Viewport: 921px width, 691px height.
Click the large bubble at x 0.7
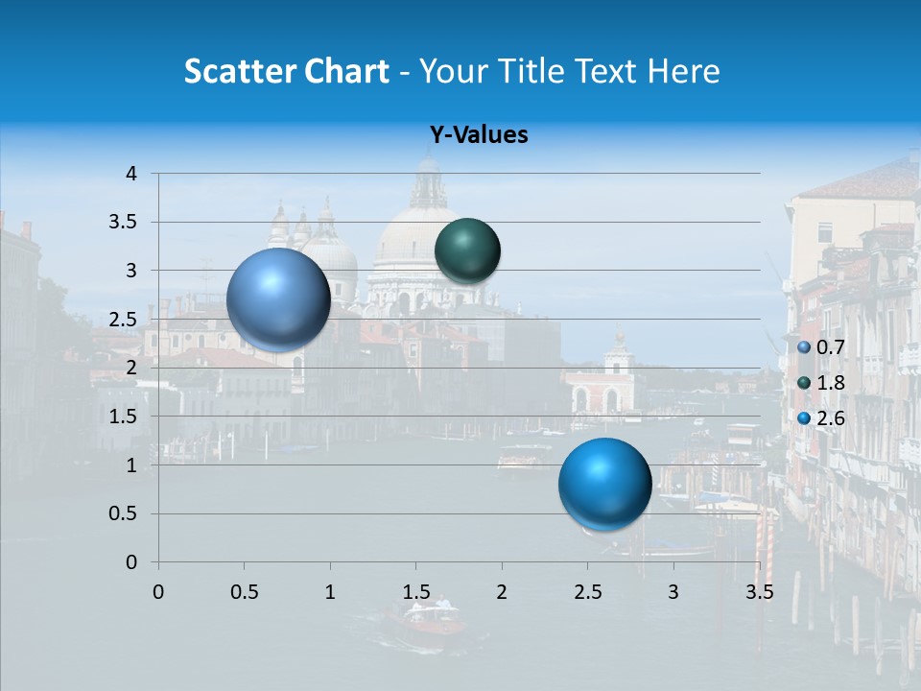click(x=279, y=299)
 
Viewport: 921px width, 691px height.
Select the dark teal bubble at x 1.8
click(x=467, y=250)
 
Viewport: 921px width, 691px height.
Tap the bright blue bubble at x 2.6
click(x=604, y=484)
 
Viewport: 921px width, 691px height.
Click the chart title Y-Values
click(x=478, y=135)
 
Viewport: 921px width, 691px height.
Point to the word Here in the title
click(x=683, y=71)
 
